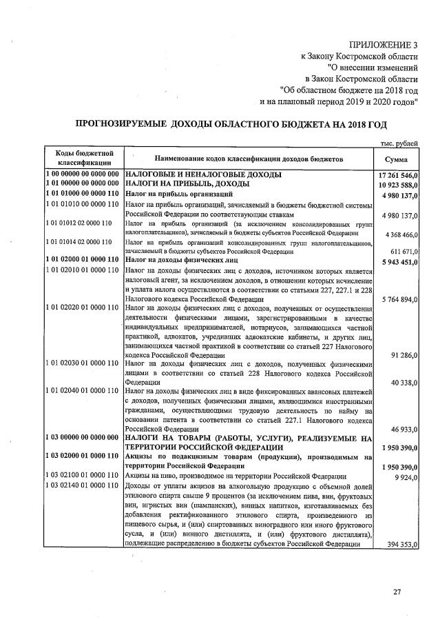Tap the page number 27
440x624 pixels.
(x=396, y=592)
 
